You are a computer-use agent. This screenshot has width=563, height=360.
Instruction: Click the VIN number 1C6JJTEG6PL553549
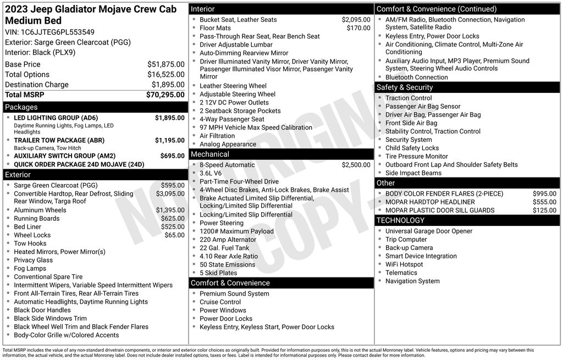pyautogui.click(x=58, y=32)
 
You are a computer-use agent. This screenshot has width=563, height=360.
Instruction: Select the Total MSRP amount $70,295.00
pyautogui.click(x=165, y=95)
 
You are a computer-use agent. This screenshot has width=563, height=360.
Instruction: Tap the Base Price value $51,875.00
pyautogui.click(x=165, y=64)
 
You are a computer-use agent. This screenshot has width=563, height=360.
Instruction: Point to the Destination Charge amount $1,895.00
pyautogui.click(x=168, y=85)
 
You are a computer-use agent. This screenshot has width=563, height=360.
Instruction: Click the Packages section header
pyautogui.click(x=21, y=107)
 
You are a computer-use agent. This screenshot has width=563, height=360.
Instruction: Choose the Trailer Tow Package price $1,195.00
pyautogui.click(x=169, y=140)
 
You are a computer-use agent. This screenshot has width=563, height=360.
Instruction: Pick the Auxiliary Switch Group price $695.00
pyautogui.click(x=172, y=156)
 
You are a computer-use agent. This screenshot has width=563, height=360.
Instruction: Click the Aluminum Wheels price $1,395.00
pyautogui.click(x=170, y=210)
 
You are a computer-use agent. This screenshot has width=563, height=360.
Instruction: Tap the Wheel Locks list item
pyautogui.click(x=32, y=235)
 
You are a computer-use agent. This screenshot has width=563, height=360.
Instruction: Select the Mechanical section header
pyautogui.click(x=210, y=154)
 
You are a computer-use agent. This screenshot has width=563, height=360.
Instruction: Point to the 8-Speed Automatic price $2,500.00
pyautogui.click(x=356, y=165)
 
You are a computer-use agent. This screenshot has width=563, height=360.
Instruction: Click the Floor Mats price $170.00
pyautogui.click(x=358, y=28)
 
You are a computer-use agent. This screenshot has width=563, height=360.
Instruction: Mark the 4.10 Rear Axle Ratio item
pyautogui.click(x=228, y=256)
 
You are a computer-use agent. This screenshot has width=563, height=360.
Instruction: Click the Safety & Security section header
pyautogui.click(x=404, y=87)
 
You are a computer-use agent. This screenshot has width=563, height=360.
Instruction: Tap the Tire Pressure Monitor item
pyautogui.click(x=416, y=156)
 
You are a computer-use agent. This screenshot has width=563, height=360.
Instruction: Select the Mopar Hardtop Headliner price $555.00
pyautogui.click(x=544, y=202)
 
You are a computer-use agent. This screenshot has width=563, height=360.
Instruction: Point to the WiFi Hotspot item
pyautogui.click(x=404, y=264)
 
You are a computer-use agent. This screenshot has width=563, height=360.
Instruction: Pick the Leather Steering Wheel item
pyautogui.click(x=233, y=86)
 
